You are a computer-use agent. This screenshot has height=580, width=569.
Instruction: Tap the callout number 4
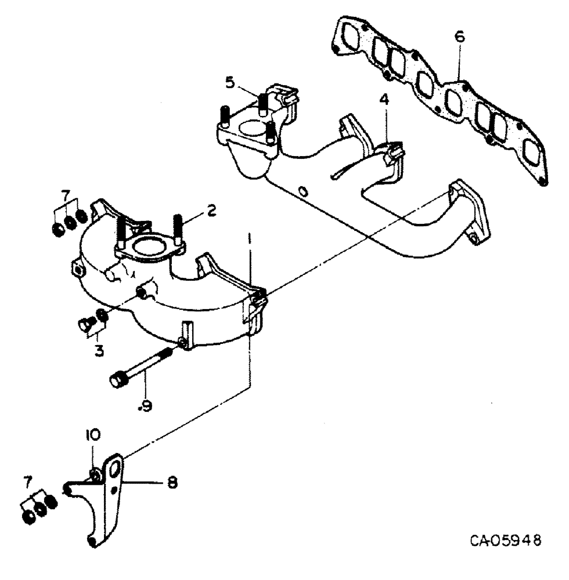[385, 100]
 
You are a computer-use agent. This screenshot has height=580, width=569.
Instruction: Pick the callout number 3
[100, 350]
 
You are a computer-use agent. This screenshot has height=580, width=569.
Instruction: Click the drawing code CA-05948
[506, 542]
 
